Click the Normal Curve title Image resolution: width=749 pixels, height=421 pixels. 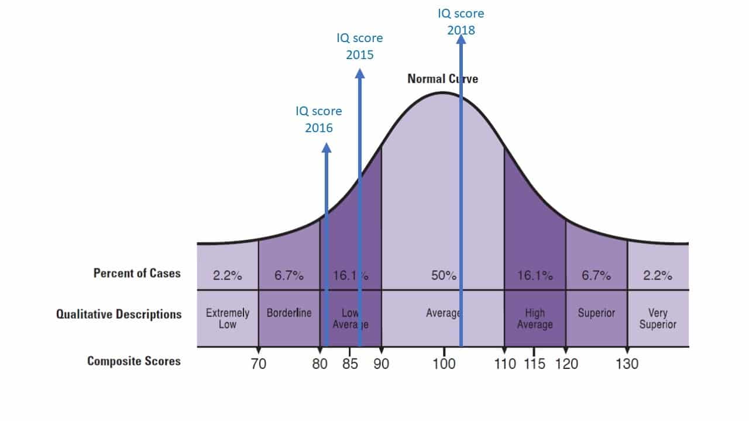tap(442, 78)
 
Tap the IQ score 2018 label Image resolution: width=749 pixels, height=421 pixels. tap(461, 21)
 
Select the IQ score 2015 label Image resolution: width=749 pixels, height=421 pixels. tap(360, 46)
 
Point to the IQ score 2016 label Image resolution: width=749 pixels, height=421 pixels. tap(319, 119)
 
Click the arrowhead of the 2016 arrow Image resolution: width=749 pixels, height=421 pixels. tap(327, 149)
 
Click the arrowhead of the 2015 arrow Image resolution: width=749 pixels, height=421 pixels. tap(360, 74)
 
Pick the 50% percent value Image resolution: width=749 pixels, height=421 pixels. tap(444, 276)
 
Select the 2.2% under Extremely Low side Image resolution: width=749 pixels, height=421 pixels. tap(227, 276)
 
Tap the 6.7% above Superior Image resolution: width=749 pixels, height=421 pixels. tap(596, 276)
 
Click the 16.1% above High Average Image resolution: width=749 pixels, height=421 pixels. tap(535, 276)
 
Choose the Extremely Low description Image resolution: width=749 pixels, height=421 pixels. tap(228, 319)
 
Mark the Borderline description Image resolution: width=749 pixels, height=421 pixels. tap(289, 313)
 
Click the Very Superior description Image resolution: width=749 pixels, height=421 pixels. tap(658, 319)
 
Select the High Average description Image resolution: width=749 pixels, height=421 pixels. tap(535, 319)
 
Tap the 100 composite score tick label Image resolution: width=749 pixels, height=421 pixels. tap(444, 364)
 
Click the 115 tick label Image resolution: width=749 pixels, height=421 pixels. tap(534, 364)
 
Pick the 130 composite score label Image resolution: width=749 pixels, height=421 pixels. tap(627, 364)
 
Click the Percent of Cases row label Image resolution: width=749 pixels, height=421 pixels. tap(137, 273)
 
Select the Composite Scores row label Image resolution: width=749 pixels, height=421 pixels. tap(134, 361)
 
